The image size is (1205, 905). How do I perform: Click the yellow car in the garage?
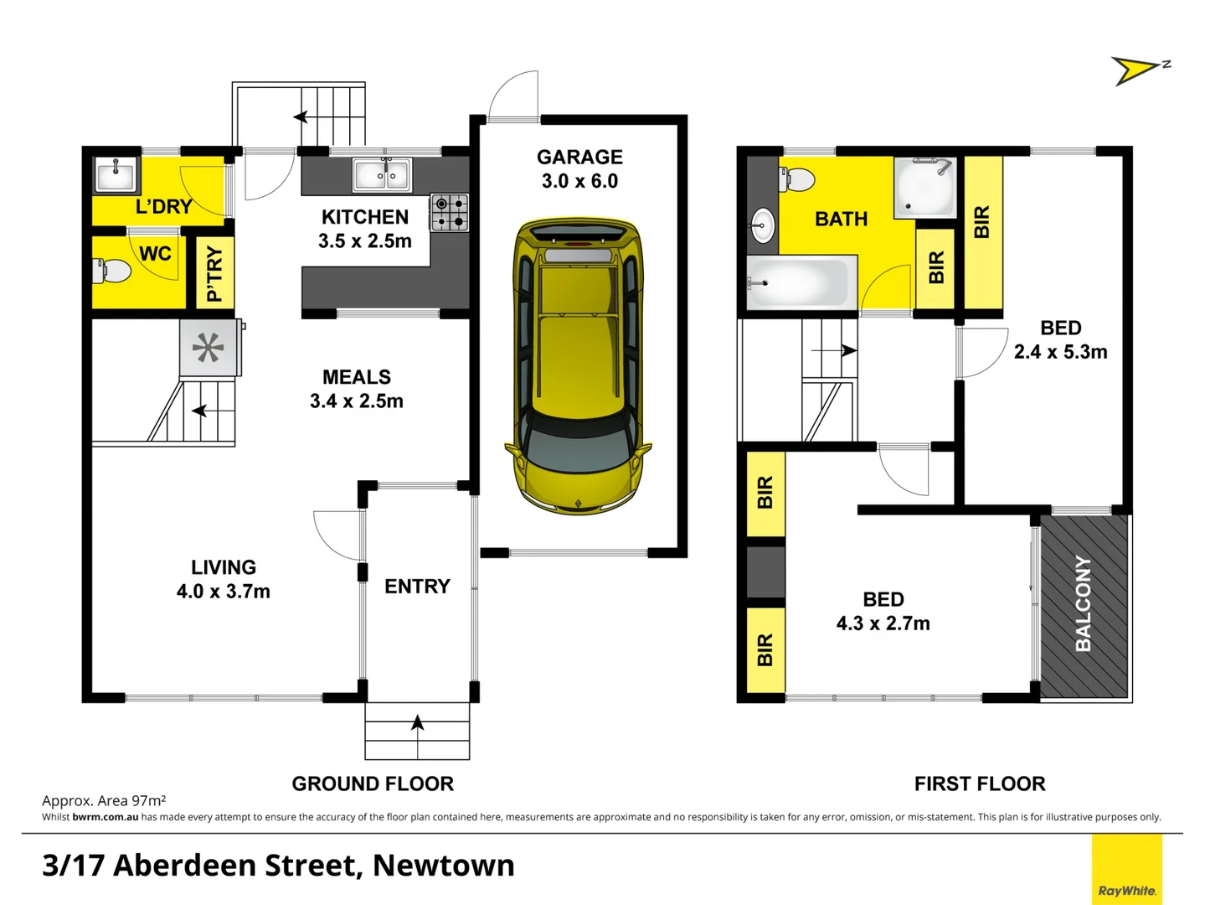[578, 365]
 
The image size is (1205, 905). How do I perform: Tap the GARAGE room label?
[579, 158]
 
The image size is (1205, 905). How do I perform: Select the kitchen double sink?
[382, 175]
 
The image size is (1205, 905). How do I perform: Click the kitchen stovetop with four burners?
[450, 212]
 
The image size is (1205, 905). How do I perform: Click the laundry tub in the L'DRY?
[116, 175]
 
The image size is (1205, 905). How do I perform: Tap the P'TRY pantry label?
[214, 273]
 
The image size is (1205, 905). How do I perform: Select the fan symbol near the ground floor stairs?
[209, 347]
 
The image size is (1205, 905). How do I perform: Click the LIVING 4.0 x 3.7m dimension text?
[223, 592]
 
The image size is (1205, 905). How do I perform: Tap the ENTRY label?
[417, 587]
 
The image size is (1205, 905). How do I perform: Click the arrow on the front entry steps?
[417, 722]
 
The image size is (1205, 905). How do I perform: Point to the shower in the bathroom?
[924, 188]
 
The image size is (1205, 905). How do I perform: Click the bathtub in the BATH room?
[801, 282]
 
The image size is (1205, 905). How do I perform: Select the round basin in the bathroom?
[762, 224]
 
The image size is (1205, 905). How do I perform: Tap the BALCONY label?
[1083, 603]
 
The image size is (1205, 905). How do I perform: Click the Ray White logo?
[1126, 890]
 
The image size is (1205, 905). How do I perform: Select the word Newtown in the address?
[443, 865]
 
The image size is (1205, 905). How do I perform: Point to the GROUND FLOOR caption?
[373, 783]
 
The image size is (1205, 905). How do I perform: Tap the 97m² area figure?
[148, 800]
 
